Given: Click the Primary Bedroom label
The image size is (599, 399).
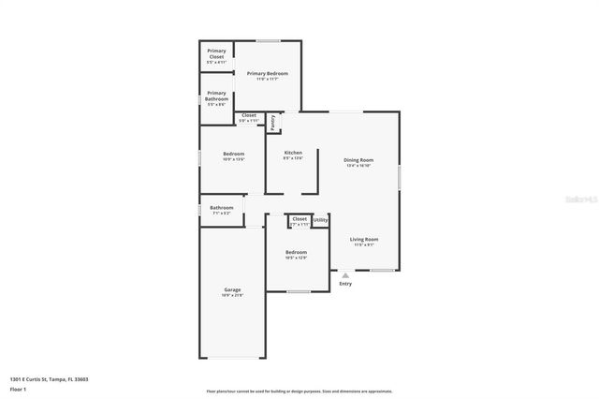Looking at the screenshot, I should click(267, 73).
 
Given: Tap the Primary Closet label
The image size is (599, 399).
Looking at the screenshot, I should click(216, 53).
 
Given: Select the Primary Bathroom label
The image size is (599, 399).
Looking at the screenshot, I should click(216, 96).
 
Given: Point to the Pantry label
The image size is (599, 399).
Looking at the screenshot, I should click(273, 121).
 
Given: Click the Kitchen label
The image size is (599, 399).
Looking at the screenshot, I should click(293, 153).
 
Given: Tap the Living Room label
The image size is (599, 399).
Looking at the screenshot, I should click(364, 239).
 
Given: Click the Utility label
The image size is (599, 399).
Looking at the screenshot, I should click(320, 220).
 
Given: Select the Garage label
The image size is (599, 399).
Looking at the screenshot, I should click(232, 290).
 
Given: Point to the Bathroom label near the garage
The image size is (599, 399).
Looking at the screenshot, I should click(222, 208).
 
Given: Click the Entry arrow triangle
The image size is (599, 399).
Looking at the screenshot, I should click(345, 274).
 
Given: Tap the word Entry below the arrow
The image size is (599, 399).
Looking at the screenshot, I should click(345, 284).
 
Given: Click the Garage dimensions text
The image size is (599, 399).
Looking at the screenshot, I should click(232, 296).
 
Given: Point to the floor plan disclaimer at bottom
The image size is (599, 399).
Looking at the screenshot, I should click(299, 392).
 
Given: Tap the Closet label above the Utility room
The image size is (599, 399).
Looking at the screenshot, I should click(299, 218).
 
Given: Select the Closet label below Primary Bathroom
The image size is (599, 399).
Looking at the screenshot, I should click(248, 115).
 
